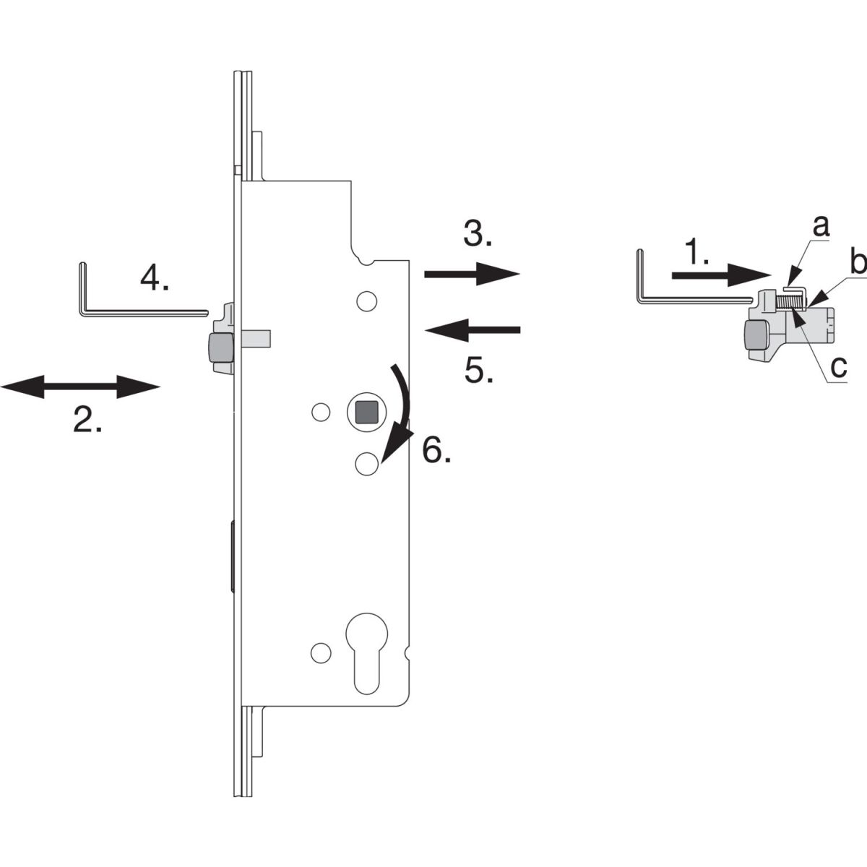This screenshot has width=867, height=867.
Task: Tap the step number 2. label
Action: (87, 419)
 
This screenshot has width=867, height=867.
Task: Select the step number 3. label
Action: (478, 233)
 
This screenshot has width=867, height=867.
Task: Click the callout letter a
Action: (821, 226)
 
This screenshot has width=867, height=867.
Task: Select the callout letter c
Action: (838, 367)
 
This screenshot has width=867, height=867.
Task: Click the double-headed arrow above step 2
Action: (80, 387)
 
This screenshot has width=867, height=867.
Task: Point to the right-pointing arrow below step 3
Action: (472, 273)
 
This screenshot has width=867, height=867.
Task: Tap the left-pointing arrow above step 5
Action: (473, 329)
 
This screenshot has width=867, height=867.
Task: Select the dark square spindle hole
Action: (367, 412)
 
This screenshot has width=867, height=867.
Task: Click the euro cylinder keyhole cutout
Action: (367, 654)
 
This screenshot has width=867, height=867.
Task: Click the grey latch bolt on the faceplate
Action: (220, 348)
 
